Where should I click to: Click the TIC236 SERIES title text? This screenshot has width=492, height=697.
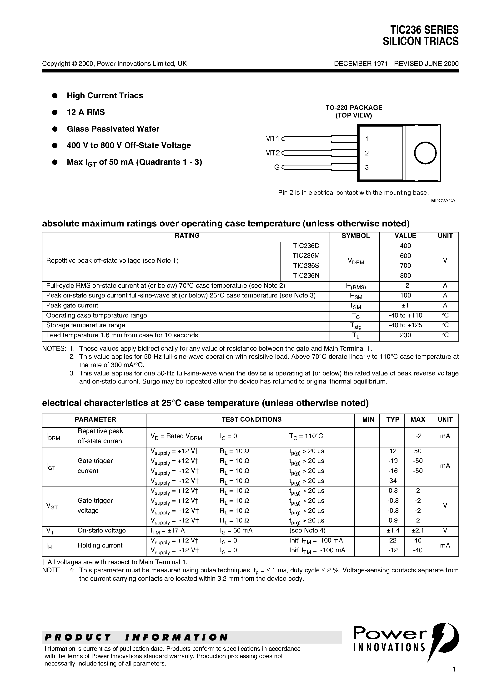[424, 30]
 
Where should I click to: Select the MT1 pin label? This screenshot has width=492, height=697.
[272, 139]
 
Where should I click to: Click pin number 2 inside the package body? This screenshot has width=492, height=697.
[367, 153]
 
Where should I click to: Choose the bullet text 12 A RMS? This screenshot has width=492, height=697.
[86, 112]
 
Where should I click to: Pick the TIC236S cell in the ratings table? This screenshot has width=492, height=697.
[306, 266]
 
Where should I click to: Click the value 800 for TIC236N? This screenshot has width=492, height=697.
[405, 276]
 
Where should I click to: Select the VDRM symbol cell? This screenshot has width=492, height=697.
[356, 261]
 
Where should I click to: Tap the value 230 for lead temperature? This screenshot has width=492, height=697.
[405, 335]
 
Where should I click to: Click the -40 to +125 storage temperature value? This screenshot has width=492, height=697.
[405, 325]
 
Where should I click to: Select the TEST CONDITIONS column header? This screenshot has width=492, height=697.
[251, 420]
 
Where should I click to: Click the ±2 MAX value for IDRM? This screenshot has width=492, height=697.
[418, 436]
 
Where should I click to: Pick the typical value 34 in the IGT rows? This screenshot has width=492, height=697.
[393, 481]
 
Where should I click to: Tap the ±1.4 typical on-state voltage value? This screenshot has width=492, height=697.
[393, 530]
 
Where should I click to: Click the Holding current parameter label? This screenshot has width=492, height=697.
[100, 545]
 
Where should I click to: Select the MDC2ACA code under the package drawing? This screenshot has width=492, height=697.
[443, 201]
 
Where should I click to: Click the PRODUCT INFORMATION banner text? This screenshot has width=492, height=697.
[136, 637]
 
